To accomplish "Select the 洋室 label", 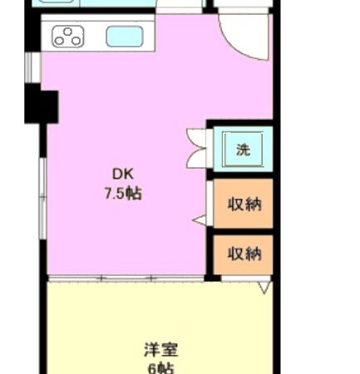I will [159, 349].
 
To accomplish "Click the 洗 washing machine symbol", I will [243, 150].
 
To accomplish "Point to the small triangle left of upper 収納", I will [200, 220].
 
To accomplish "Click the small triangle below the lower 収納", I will [264, 288].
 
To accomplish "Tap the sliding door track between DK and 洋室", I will [125, 278].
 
